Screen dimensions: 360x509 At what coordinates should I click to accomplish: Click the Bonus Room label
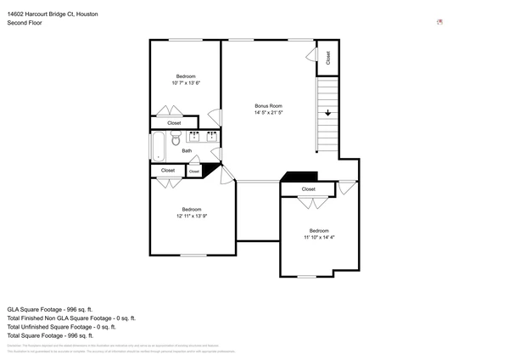(x=268, y=106)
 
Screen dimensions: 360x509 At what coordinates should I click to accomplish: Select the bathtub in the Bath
(x=159, y=147)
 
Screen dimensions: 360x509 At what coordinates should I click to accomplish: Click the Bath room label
(x=187, y=151)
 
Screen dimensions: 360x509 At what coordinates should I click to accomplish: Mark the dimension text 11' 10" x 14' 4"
(x=319, y=238)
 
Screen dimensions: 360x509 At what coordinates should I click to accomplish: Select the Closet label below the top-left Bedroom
(x=174, y=123)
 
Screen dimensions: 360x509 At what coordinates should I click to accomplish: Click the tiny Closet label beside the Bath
(x=194, y=172)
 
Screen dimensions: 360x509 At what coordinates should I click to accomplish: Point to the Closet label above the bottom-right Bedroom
(x=308, y=189)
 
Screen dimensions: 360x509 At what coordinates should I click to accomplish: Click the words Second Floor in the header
(x=25, y=23)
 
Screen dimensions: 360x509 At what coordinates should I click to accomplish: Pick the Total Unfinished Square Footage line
(x=61, y=327)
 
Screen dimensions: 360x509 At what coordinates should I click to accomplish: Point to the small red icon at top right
(x=439, y=22)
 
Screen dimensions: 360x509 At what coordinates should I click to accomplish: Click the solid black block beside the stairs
(x=296, y=177)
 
